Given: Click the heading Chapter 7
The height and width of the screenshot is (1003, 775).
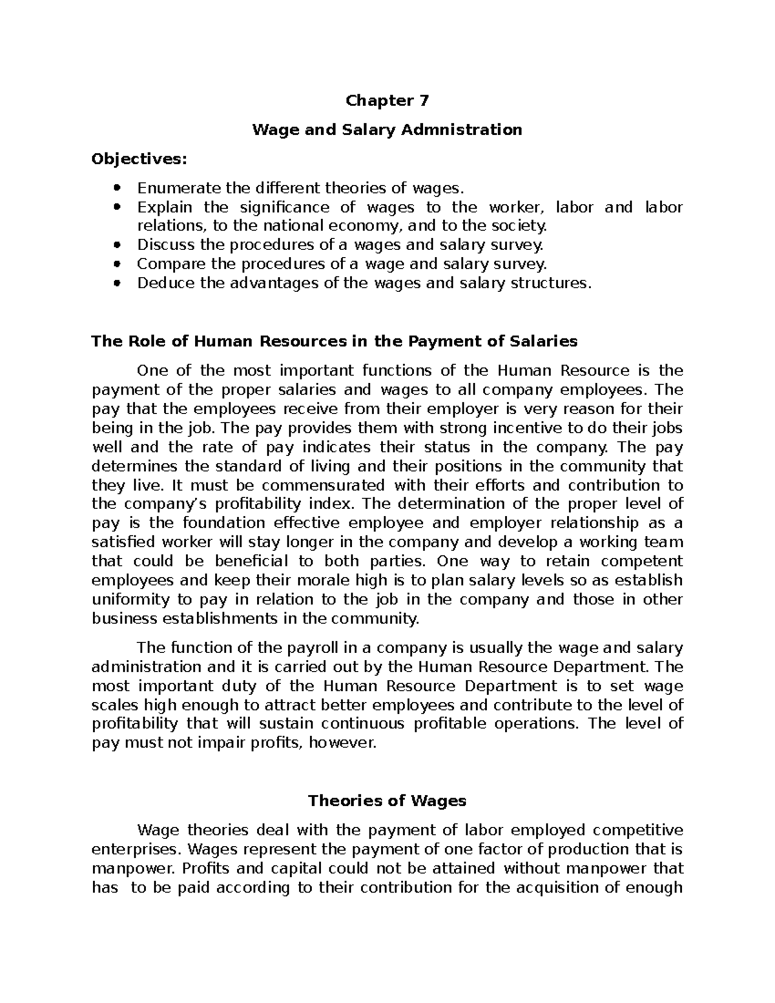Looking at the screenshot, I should [x=387, y=101].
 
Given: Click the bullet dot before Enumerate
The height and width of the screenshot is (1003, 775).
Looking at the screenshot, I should [x=117, y=189].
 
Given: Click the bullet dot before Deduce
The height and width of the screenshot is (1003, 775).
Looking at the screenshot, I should [x=117, y=283].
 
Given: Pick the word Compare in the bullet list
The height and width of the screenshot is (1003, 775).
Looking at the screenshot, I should [x=165, y=264].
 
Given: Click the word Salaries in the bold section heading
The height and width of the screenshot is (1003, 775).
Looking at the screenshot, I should [x=544, y=341].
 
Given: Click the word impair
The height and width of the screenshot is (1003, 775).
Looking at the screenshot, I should [x=225, y=743].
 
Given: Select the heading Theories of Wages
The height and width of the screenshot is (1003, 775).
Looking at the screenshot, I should [x=387, y=801].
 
